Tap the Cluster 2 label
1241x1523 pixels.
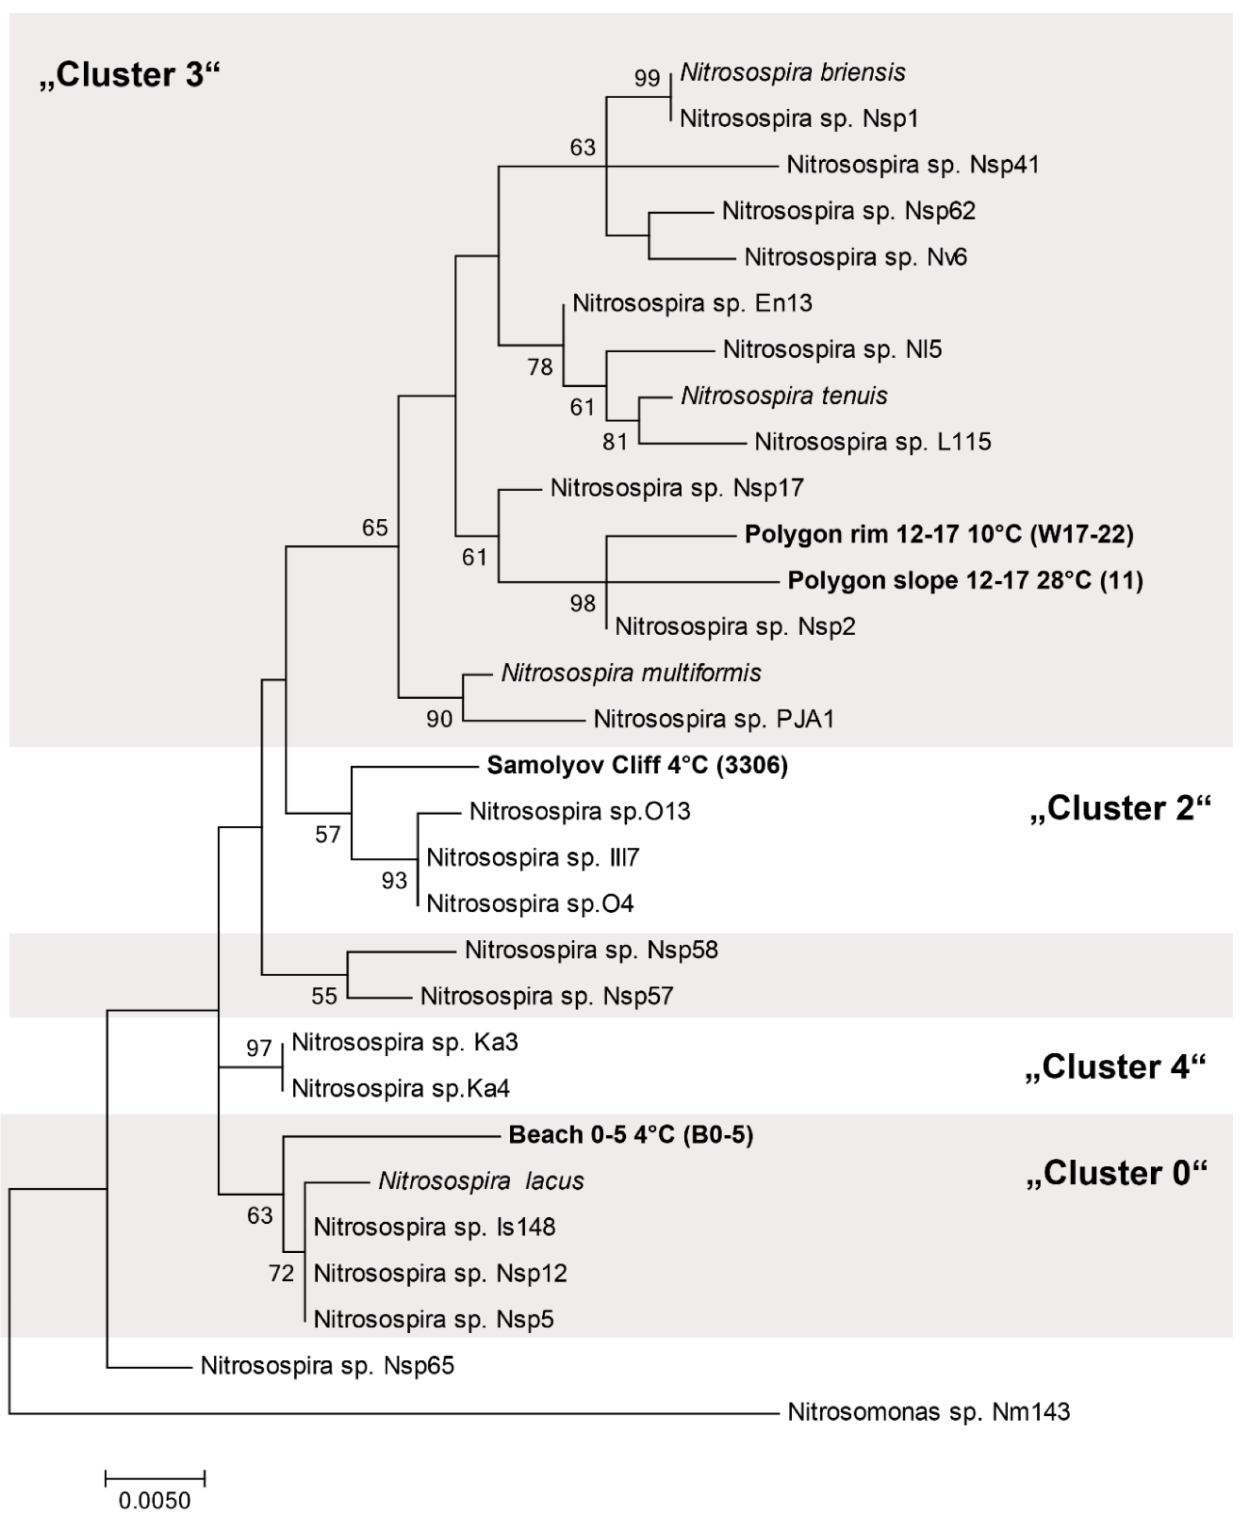(1120, 808)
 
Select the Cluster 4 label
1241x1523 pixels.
(1115, 1066)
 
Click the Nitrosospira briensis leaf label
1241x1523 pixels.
(792, 72)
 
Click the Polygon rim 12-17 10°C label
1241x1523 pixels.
(938, 534)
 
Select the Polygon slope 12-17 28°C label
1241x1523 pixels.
(965, 580)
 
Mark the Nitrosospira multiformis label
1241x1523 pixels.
(630, 672)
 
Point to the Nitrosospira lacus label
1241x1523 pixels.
(481, 1181)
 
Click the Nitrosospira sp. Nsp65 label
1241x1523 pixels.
(327, 1365)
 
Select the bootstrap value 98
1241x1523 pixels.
(583, 604)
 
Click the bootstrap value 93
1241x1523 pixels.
(394, 881)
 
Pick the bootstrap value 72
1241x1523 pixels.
(281, 1273)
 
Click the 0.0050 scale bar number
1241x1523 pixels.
(155, 1500)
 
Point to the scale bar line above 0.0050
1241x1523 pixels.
(155, 1477)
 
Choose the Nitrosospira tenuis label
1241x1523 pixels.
(783, 395)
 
